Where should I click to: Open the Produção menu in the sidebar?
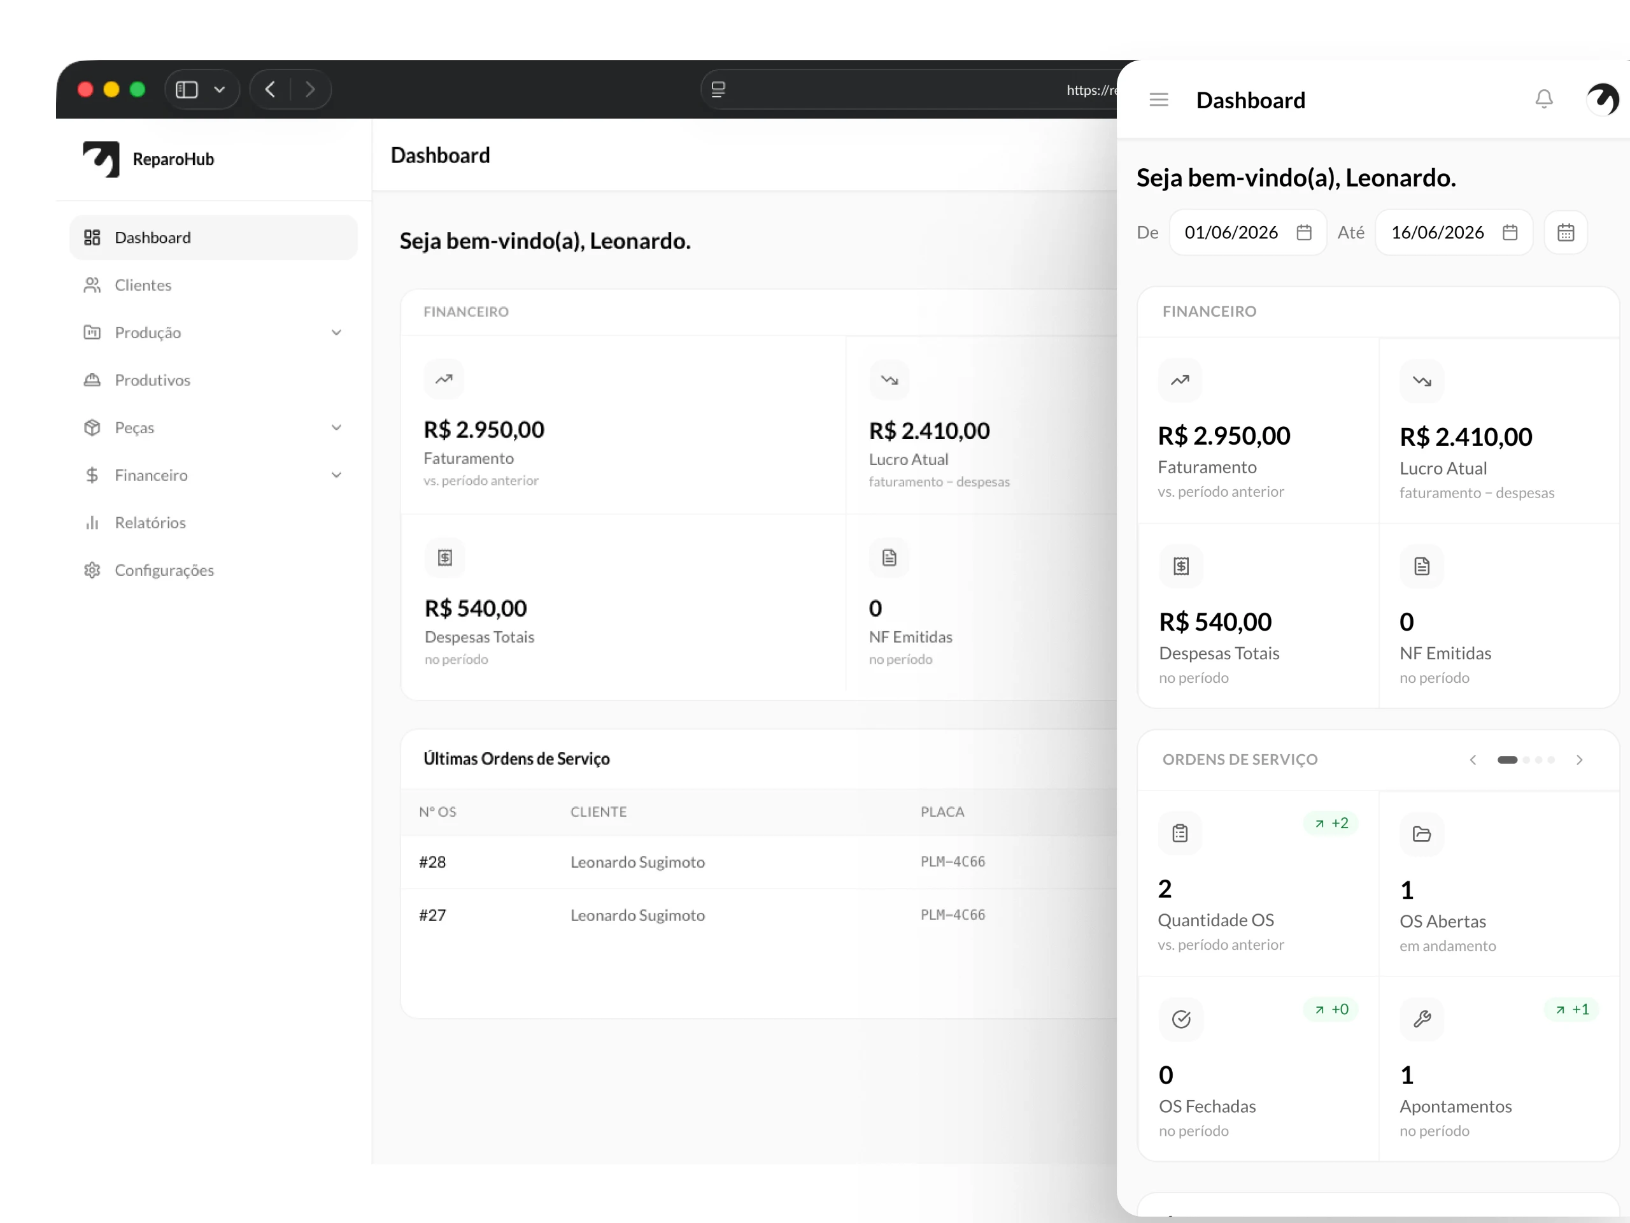click(x=147, y=333)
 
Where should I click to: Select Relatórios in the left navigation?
click(x=150, y=523)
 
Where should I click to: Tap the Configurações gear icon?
click(x=92, y=570)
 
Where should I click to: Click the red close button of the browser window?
click(x=85, y=89)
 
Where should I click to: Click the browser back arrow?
click(x=271, y=89)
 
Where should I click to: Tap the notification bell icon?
click(x=1544, y=99)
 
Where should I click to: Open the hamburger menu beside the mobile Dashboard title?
click(x=1159, y=99)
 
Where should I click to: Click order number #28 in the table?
click(x=432, y=862)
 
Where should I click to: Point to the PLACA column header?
click(x=942, y=812)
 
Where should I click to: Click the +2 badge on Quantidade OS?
click(x=1331, y=824)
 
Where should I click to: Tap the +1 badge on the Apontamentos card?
click(x=1572, y=1009)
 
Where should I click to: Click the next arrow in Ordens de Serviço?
click(x=1579, y=760)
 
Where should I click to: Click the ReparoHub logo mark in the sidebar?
click(x=102, y=159)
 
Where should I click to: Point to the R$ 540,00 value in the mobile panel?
click(x=1215, y=622)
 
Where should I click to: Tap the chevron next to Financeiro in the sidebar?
click(x=336, y=475)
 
